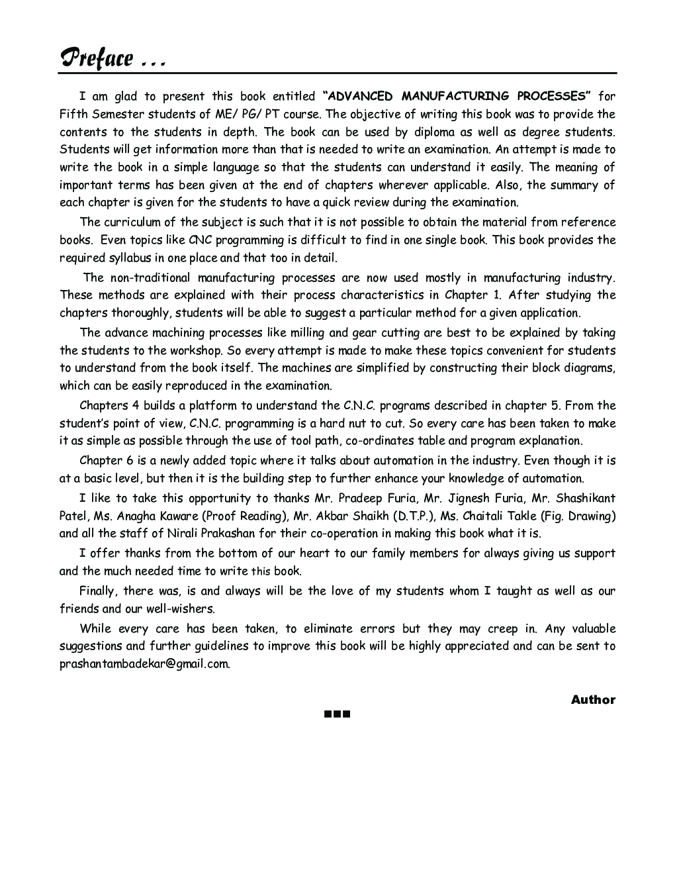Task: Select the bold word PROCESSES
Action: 549,97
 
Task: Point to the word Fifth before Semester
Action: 73,115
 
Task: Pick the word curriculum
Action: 138,222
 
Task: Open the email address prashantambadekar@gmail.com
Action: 144,663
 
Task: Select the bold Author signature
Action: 593,700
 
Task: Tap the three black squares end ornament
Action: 337,714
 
